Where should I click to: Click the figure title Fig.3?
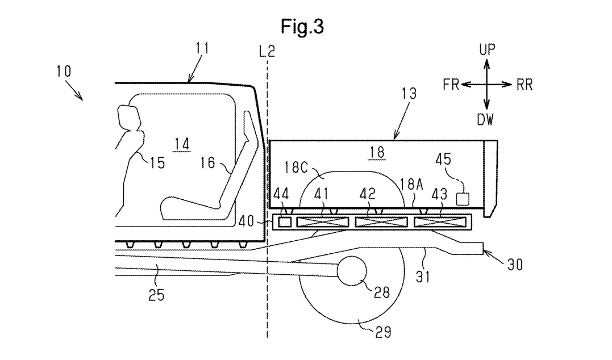pyautogui.click(x=302, y=27)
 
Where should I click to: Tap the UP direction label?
pyautogui.click(x=487, y=50)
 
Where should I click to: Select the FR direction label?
pyautogui.click(x=451, y=84)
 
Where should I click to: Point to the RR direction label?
pyautogui.click(x=524, y=85)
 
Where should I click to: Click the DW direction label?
pyautogui.click(x=485, y=119)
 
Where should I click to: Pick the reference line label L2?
pyautogui.click(x=267, y=51)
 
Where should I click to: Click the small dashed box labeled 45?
pyautogui.click(x=463, y=199)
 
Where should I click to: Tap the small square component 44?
pyautogui.click(x=285, y=223)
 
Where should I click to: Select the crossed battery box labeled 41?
pyautogui.click(x=323, y=223)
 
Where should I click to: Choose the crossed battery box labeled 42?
pyautogui.click(x=381, y=223)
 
